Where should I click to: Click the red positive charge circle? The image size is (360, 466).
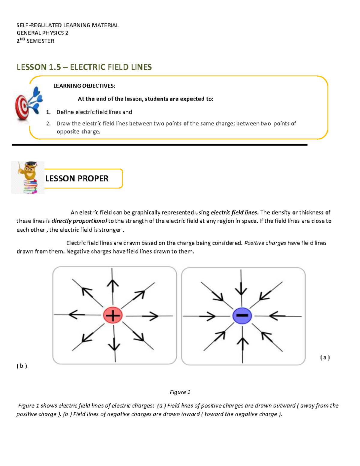click(x=112, y=315)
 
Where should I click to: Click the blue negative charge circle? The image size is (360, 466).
click(x=242, y=315)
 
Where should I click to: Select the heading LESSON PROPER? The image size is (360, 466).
click(x=77, y=179)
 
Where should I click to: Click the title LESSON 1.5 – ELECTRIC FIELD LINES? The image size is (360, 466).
click(x=84, y=67)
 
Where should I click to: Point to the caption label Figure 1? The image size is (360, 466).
click(x=180, y=392)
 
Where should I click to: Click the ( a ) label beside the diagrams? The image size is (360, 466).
click(x=325, y=357)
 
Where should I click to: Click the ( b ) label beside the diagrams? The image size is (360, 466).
click(x=22, y=366)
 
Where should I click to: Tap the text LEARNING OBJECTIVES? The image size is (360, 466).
click(x=84, y=86)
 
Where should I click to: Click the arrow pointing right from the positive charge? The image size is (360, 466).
click(x=150, y=316)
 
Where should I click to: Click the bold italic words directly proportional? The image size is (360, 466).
click(x=79, y=221)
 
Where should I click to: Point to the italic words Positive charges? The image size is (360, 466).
click(x=265, y=243)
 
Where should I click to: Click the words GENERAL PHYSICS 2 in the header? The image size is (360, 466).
click(x=42, y=33)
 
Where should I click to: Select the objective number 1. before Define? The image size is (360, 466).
click(x=48, y=112)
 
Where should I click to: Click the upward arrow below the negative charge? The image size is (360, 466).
click(x=243, y=344)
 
